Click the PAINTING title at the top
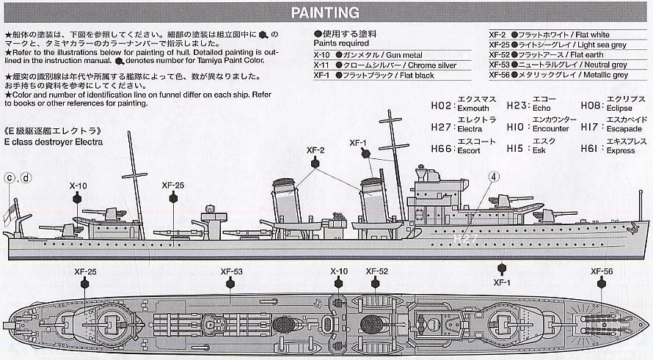(x=325, y=12)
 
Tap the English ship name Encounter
(x=550, y=129)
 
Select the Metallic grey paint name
(x=600, y=76)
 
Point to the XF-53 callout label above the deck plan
(x=231, y=271)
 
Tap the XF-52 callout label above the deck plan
(x=374, y=271)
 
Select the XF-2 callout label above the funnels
(x=315, y=150)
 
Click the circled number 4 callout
(x=495, y=177)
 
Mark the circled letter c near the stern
(x=10, y=177)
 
